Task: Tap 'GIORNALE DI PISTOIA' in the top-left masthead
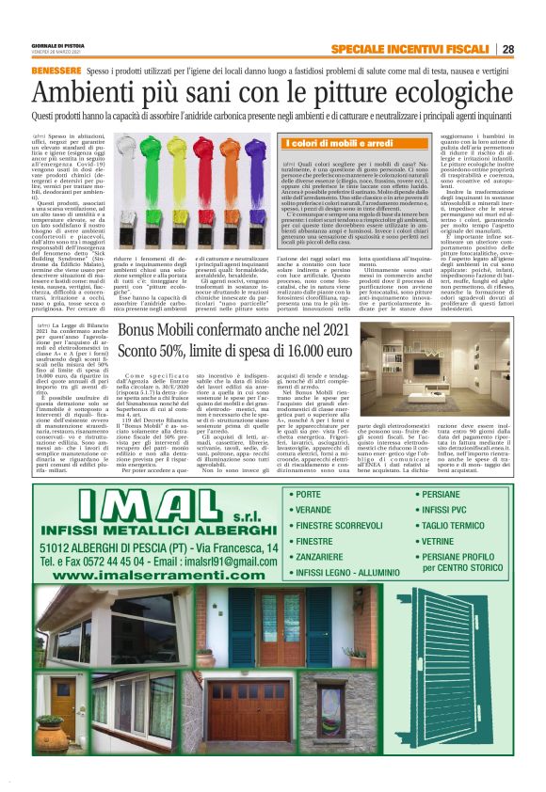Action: pos(59,46)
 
